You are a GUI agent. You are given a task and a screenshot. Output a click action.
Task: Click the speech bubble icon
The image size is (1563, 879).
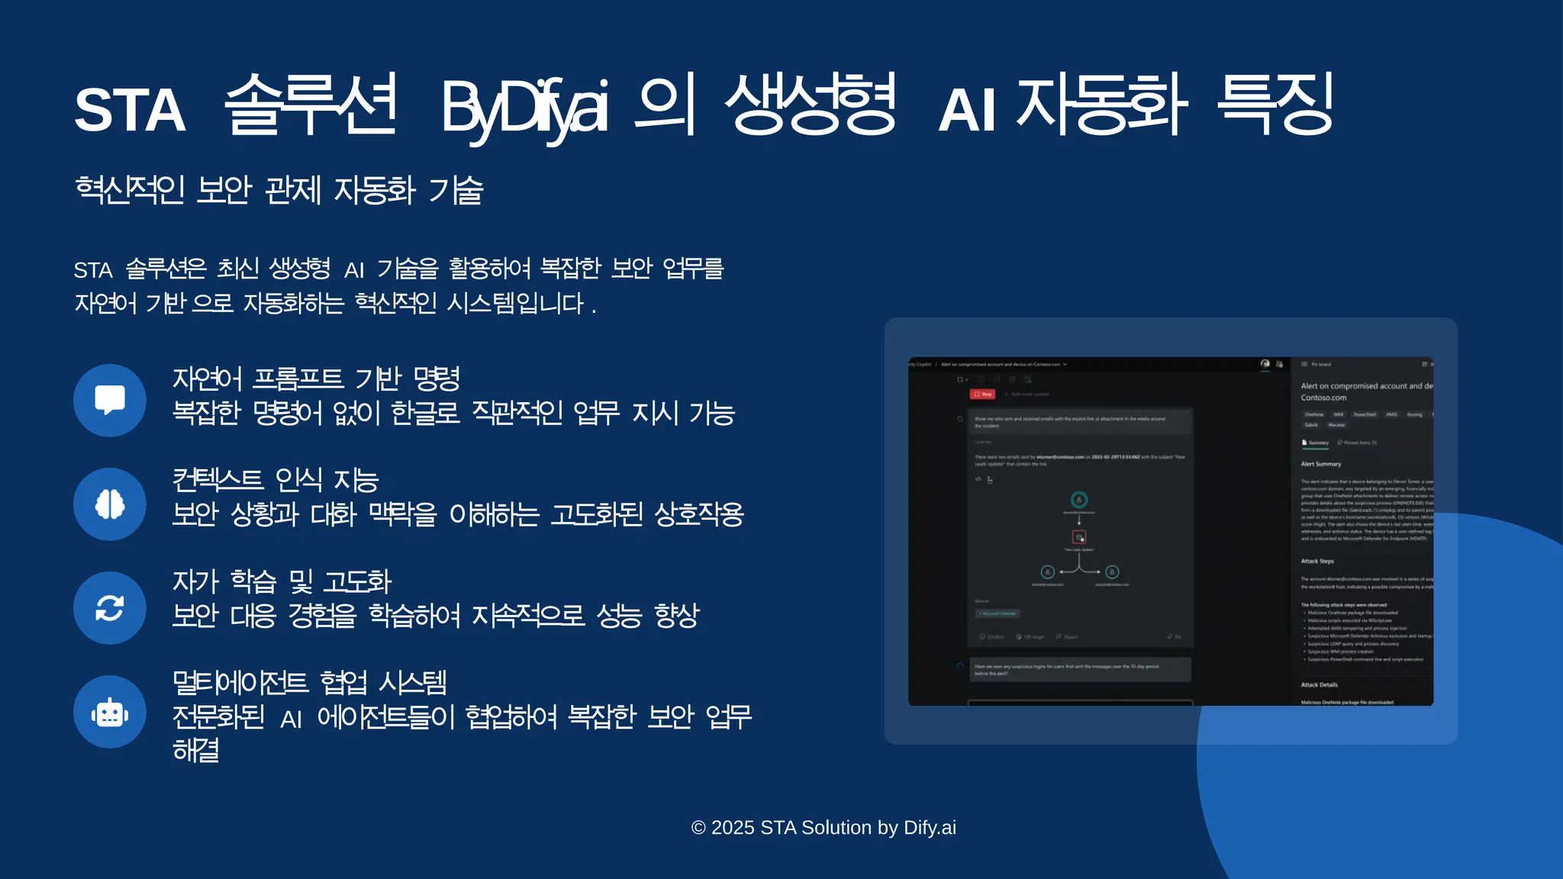[x=110, y=400]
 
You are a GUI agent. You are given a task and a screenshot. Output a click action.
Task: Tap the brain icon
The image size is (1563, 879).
[x=110, y=504]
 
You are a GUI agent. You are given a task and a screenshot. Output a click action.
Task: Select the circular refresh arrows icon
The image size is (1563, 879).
[x=110, y=608]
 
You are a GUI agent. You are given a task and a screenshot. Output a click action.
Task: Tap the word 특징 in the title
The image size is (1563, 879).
[x=1275, y=105]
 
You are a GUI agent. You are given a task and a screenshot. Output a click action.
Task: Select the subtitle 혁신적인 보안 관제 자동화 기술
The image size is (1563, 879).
[x=279, y=190]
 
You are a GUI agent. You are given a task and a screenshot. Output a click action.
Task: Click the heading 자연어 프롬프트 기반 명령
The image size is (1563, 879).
[x=316, y=378]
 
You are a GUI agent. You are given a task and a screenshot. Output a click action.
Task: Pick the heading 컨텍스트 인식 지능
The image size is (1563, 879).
[x=276, y=480]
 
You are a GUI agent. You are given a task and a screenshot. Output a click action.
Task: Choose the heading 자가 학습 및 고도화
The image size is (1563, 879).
[x=282, y=581]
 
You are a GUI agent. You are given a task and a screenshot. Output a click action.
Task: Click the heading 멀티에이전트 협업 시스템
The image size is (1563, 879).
[x=310, y=682]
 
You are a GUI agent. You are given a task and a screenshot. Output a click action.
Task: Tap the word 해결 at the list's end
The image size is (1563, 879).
[x=196, y=750]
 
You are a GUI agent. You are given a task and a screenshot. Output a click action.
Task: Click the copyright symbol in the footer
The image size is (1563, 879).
[x=698, y=828]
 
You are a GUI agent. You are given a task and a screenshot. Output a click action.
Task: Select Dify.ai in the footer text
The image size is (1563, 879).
[x=930, y=828]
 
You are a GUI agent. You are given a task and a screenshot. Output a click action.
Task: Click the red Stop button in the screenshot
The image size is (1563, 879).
[x=983, y=394]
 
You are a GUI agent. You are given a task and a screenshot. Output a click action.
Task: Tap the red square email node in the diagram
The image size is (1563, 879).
[x=1079, y=537]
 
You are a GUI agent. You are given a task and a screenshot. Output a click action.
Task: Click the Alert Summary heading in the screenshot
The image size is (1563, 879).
[x=1321, y=464]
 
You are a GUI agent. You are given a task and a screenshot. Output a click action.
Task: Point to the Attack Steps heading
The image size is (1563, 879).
[x=1317, y=561]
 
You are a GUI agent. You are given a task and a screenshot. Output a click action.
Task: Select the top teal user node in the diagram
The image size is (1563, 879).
[x=1079, y=500]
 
